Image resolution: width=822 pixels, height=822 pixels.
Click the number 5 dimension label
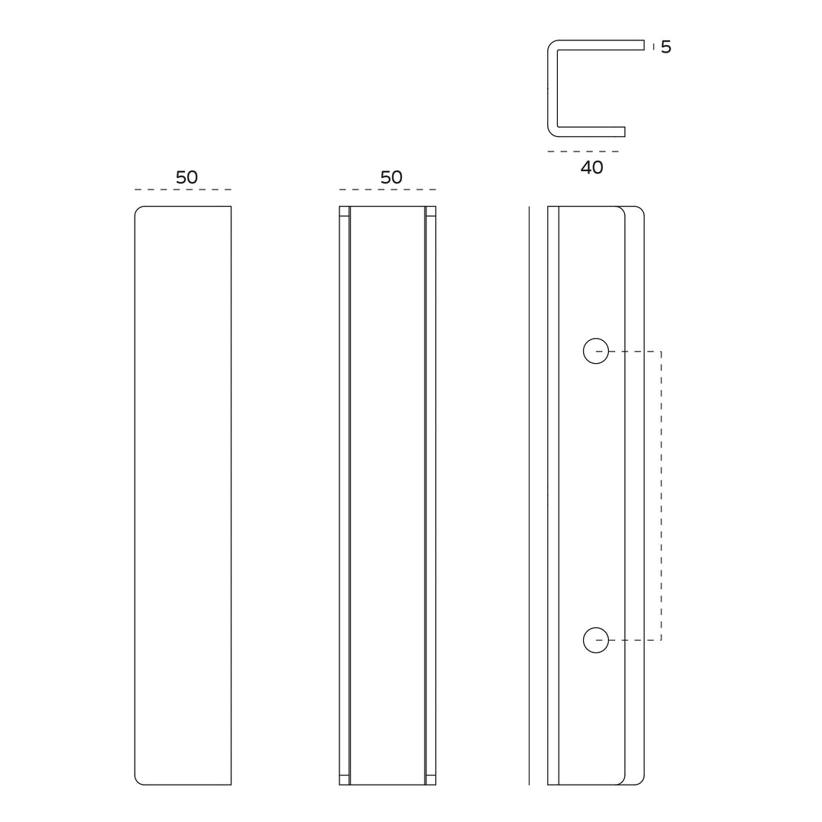pos(666,47)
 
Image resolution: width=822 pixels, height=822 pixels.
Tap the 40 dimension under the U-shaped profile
pos(591,168)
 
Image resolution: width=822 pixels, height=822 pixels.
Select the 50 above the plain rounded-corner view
pos(186,177)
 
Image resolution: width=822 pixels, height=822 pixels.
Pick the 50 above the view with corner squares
pos(391,177)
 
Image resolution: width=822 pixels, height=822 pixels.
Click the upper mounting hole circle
pos(596,351)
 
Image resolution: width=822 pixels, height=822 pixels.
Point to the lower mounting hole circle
pos(596,640)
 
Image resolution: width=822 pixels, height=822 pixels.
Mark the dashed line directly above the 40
pos(583,151)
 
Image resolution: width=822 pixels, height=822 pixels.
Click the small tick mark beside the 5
pos(653,46)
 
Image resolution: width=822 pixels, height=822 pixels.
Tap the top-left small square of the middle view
pos(344,212)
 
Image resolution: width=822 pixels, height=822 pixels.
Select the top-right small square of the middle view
pos(431,212)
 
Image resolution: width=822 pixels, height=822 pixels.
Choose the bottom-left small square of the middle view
pos(344,779)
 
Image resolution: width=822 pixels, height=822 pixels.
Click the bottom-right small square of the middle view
pos(431,779)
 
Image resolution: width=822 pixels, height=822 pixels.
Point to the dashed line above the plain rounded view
pos(183,190)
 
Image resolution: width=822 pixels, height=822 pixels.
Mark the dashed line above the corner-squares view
pos(387,190)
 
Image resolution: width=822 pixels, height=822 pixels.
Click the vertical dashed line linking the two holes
pos(661,495)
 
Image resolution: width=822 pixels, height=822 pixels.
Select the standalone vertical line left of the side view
pos(529,495)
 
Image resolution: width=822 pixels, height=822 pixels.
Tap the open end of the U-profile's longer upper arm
pos(643,45)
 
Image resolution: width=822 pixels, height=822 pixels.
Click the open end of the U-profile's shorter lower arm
pos(624,132)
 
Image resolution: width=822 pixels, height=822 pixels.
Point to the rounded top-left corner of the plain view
pos(138,209)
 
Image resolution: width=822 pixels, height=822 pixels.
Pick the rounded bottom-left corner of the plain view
pos(138,782)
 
